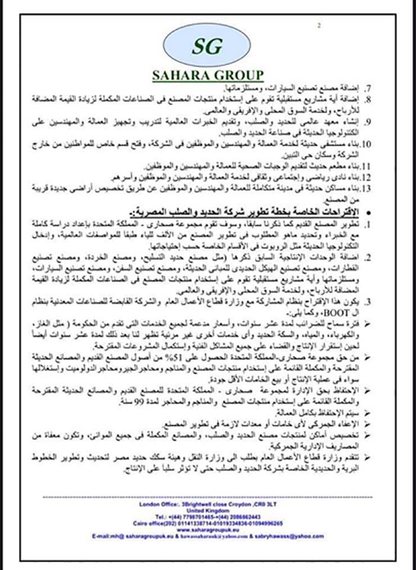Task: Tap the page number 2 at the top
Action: (319, 25)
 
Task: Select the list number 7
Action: (368, 90)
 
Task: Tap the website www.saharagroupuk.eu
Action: (207, 530)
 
